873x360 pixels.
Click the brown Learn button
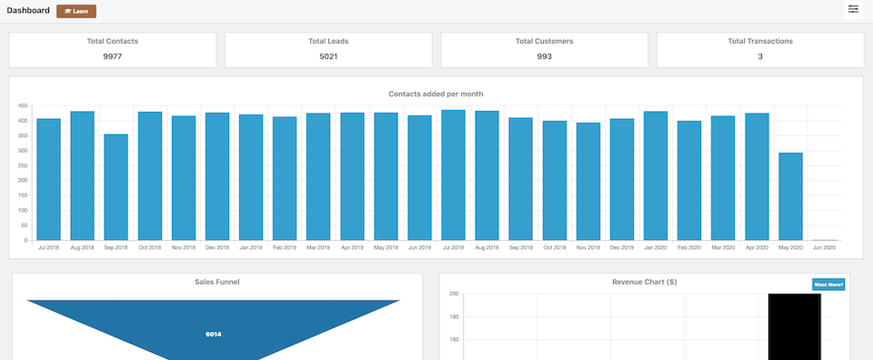click(x=76, y=11)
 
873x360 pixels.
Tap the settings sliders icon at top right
click(x=853, y=9)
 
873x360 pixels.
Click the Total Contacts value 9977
click(x=113, y=56)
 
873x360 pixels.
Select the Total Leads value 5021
click(x=328, y=56)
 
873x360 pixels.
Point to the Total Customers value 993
click(x=544, y=56)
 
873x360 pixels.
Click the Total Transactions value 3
click(x=760, y=56)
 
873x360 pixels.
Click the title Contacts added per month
click(x=436, y=94)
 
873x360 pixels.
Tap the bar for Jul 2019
click(x=453, y=175)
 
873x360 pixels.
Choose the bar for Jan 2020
click(x=656, y=175)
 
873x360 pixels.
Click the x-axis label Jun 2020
click(x=824, y=247)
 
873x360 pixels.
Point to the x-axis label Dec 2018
click(x=217, y=247)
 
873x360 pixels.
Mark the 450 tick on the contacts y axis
click(x=23, y=106)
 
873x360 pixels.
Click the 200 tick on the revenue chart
click(x=453, y=294)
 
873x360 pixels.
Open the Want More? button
click(x=828, y=285)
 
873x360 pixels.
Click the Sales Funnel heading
click(x=217, y=282)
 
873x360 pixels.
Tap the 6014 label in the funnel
click(x=214, y=334)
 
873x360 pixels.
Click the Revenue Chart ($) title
click(x=645, y=282)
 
